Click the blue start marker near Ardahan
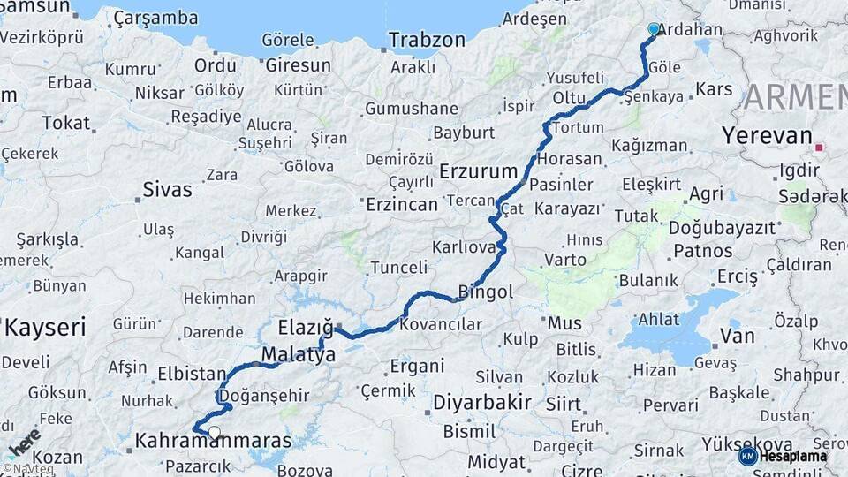(x=654, y=29)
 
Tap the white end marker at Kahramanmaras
(x=215, y=433)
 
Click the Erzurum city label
(x=477, y=170)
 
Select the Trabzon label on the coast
(x=427, y=40)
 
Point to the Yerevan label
(x=766, y=136)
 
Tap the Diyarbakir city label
(x=481, y=403)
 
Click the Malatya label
(x=299, y=355)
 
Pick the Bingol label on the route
(x=485, y=291)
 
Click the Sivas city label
(x=167, y=188)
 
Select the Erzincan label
(x=402, y=204)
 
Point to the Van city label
(x=738, y=336)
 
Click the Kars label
(x=715, y=89)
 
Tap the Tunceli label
(x=398, y=267)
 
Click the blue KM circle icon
(x=747, y=456)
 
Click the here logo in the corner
(x=22, y=441)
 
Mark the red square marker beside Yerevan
(x=821, y=148)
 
